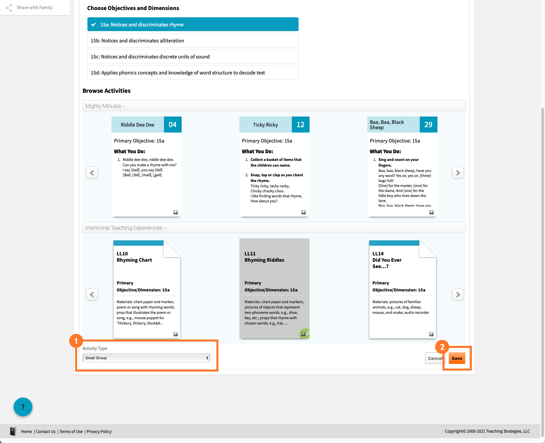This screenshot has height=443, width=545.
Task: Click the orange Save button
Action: (x=457, y=358)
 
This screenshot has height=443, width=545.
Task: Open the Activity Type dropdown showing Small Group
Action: (x=146, y=358)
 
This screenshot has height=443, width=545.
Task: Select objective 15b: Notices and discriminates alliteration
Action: (x=193, y=40)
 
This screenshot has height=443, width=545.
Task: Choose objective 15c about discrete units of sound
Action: (x=193, y=56)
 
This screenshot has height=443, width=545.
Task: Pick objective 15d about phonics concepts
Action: (x=193, y=72)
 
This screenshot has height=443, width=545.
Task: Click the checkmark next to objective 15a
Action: (x=94, y=24)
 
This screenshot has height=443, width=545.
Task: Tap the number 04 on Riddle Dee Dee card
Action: (x=173, y=125)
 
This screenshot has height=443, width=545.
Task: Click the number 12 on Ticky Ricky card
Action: (x=301, y=125)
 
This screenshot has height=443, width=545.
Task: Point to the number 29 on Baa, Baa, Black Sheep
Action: (x=428, y=125)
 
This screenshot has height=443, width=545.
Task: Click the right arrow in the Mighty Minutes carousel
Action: (x=458, y=173)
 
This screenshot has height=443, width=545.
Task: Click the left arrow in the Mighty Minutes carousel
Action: (x=92, y=173)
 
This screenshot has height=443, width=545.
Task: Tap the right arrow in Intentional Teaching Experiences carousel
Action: (x=458, y=294)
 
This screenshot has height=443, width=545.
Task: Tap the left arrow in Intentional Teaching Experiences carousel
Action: (x=92, y=294)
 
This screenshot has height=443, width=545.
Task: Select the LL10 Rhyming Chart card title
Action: (x=134, y=257)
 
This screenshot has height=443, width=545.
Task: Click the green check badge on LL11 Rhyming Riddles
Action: (x=304, y=334)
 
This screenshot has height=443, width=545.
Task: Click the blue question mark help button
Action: (x=23, y=407)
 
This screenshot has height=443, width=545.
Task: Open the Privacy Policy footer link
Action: (x=99, y=431)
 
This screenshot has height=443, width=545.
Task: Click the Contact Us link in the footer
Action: (x=46, y=431)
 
